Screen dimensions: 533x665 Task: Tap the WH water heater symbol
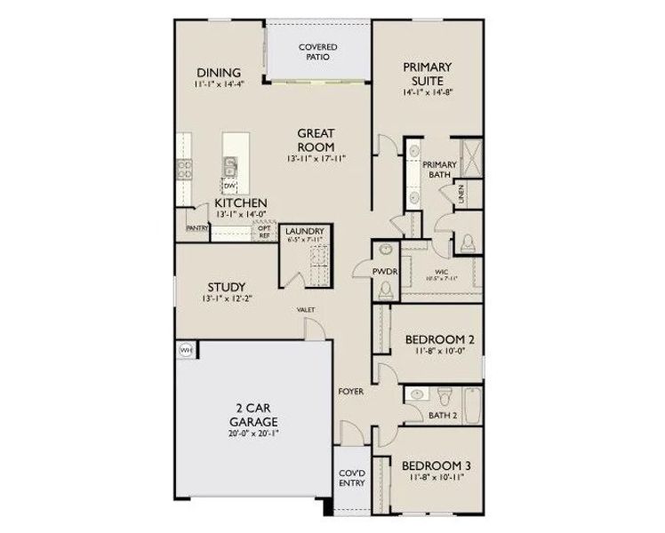[x=186, y=350]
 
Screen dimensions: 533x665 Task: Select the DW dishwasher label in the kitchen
[x=228, y=185]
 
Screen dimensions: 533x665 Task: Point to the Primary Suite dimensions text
[x=429, y=91]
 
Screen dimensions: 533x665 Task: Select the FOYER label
[x=350, y=391]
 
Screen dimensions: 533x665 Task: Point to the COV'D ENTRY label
[x=349, y=479]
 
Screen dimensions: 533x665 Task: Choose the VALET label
[x=307, y=310]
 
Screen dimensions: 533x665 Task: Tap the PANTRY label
[x=197, y=228]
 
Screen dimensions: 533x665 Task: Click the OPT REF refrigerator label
[x=264, y=231]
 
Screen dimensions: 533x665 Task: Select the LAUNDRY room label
[x=304, y=233]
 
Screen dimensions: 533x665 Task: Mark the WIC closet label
[x=442, y=274]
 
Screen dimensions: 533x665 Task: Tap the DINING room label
[x=219, y=72]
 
